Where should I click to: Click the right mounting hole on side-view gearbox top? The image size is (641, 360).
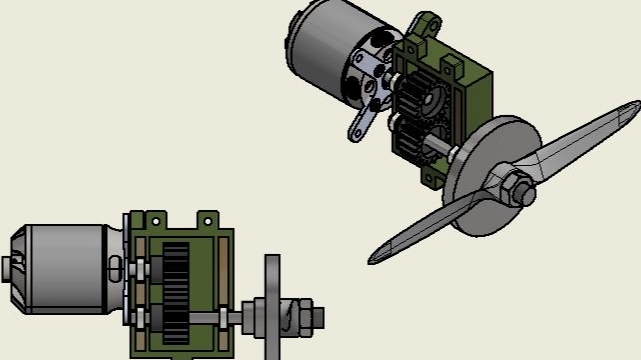(x=207, y=218)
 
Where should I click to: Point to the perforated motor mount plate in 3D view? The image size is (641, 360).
(x=371, y=75)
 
